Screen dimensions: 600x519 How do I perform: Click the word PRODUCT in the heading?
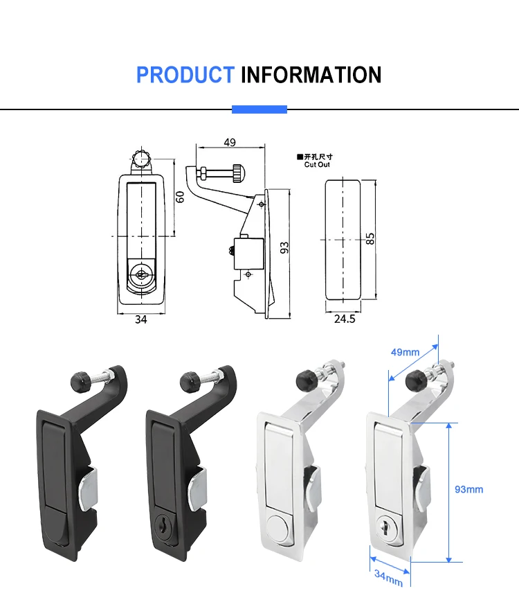pyautogui.click(x=185, y=75)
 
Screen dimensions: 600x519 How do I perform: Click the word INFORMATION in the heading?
pyautogui.click(x=311, y=75)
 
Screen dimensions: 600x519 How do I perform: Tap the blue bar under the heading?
pyautogui.click(x=259, y=109)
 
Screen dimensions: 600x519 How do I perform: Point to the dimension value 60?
pyautogui.click(x=180, y=196)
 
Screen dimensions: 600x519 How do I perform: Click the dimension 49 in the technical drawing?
pyautogui.click(x=230, y=142)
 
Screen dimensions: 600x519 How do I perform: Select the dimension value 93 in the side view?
pyautogui.click(x=284, y=247)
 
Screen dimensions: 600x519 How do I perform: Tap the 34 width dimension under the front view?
pyautogui.click(x=140, y=319)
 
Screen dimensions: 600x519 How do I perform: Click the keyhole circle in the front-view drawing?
pyautogui.click(x=141, y=274)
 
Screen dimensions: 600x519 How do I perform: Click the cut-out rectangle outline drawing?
pyautogui.click(x=343, y=240)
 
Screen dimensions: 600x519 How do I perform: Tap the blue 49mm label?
pyautogui.click(x=406, y=352)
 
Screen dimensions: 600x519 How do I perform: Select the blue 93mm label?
pyautogui.click(x=468, y=489)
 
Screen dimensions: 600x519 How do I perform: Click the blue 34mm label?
pyautogui.click(x=388, y=574)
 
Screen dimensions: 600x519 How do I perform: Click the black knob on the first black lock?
pyautogui.click(x=78, y=379)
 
